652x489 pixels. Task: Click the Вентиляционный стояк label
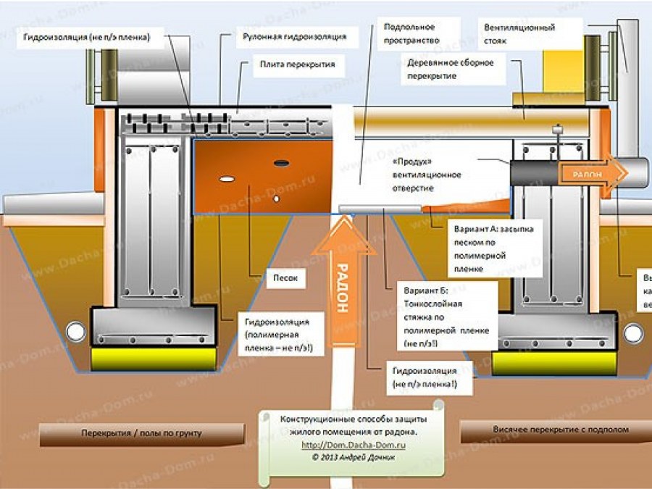click(x=519, y=34)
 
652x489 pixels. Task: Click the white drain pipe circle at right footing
click(x=632, y=333)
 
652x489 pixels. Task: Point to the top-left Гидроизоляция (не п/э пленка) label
click(x=86, y=38)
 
